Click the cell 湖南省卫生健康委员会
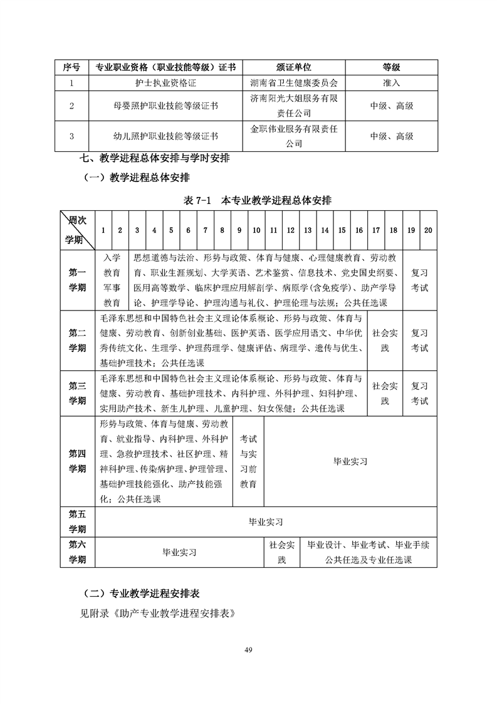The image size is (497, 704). [293, 82]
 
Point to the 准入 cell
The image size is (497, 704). [391, 82]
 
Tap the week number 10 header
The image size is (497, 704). [256, 230]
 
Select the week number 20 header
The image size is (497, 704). [428, 230]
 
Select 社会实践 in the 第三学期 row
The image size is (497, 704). [385, 393]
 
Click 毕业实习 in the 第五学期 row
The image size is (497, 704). [266, 521]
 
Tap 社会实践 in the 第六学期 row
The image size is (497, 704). [281, 552]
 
